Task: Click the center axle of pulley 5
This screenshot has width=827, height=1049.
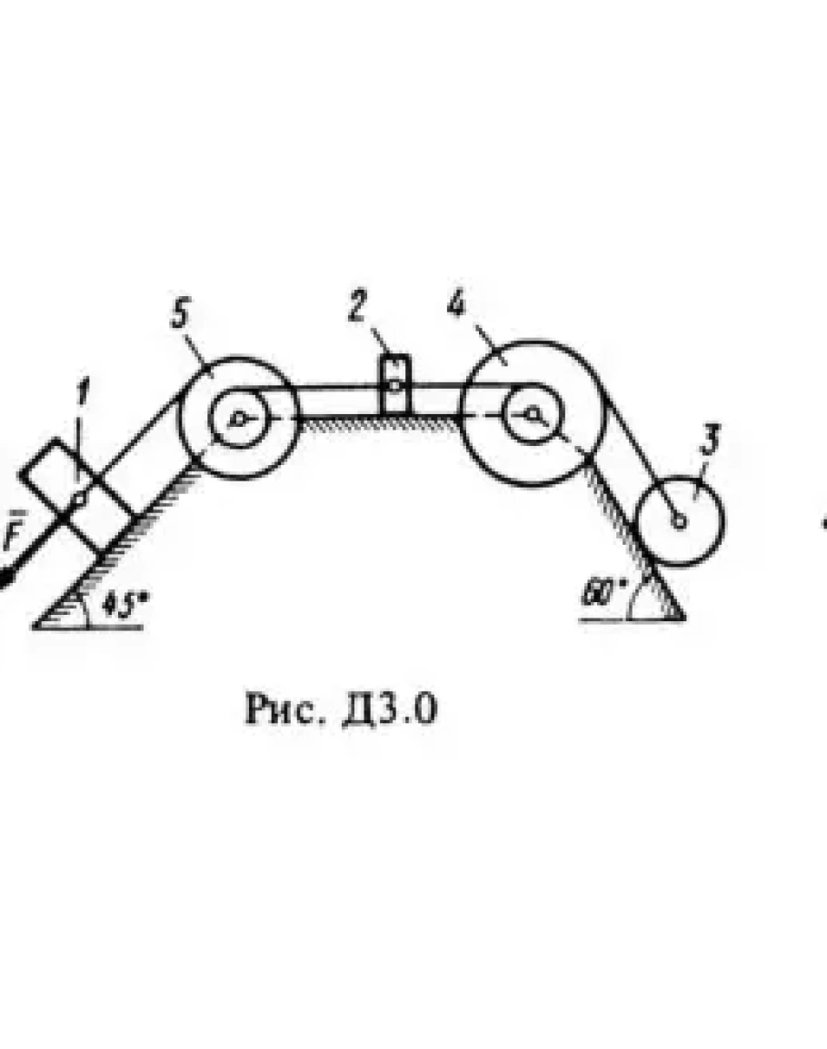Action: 238,418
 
